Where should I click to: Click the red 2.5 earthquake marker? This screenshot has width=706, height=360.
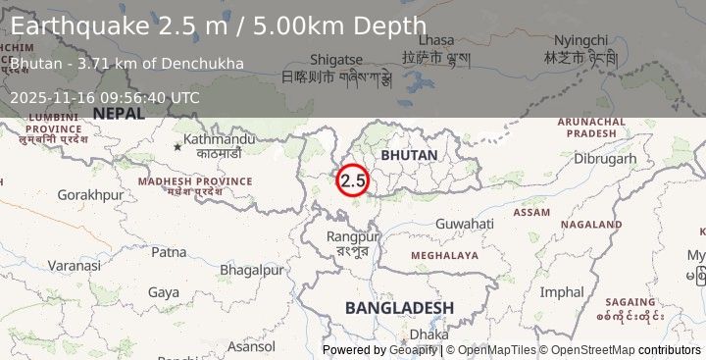[x=353, y=180]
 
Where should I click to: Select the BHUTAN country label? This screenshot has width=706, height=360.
[x=410, y=156]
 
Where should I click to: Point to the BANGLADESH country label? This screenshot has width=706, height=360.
[x=399, y=308]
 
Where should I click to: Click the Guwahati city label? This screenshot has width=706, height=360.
[x=465, y=224]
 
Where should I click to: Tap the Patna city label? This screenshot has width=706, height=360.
[x=169, y=252]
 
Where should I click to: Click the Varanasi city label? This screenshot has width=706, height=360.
[x=75, y=266]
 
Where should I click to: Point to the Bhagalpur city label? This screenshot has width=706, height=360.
[x=252, y=270]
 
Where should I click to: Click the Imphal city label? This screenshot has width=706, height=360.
[x=562, y=291]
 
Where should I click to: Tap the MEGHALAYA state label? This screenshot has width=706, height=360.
[x=444, y=255]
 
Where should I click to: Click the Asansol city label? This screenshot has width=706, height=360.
[x=251, y=346]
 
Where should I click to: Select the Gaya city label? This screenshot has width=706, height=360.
[x=164, y=291]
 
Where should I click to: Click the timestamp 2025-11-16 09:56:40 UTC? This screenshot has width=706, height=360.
[x=105, y=97]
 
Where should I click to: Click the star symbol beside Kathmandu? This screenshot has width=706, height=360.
[x=177, y=146]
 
